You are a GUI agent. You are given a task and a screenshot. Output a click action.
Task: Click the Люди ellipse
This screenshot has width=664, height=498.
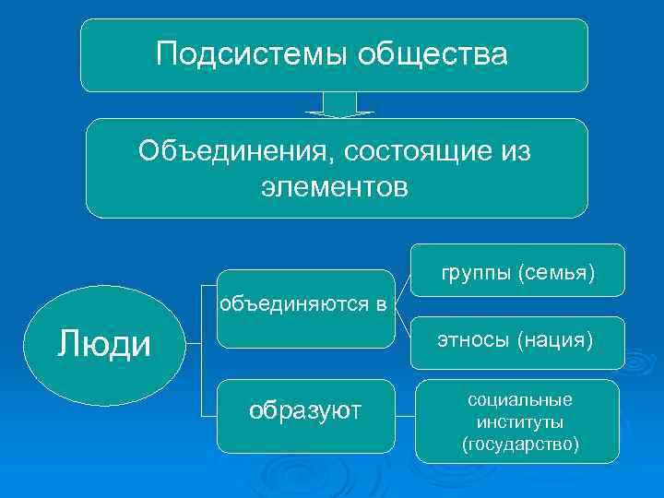104,346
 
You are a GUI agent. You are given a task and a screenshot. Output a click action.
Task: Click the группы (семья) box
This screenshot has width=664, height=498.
517,271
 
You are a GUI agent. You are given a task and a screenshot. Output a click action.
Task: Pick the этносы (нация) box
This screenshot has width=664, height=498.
517,341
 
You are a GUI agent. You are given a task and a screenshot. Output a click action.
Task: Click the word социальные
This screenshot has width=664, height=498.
520,400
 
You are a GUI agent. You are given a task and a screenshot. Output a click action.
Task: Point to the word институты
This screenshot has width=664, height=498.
520,422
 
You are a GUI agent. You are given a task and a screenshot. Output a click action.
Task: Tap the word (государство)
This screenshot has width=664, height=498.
520,445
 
